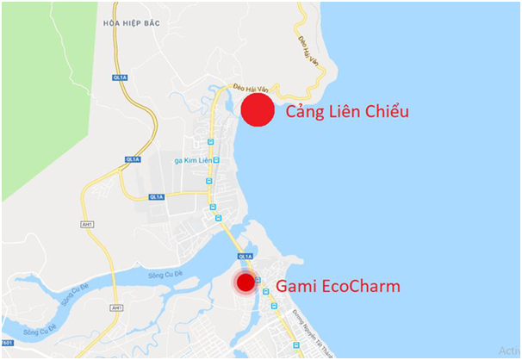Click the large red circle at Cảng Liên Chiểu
[257, 111]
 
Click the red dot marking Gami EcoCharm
[246, 282]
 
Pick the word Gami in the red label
[295, 286]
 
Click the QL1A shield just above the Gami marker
[245, 257]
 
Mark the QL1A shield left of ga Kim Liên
[133, 159]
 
